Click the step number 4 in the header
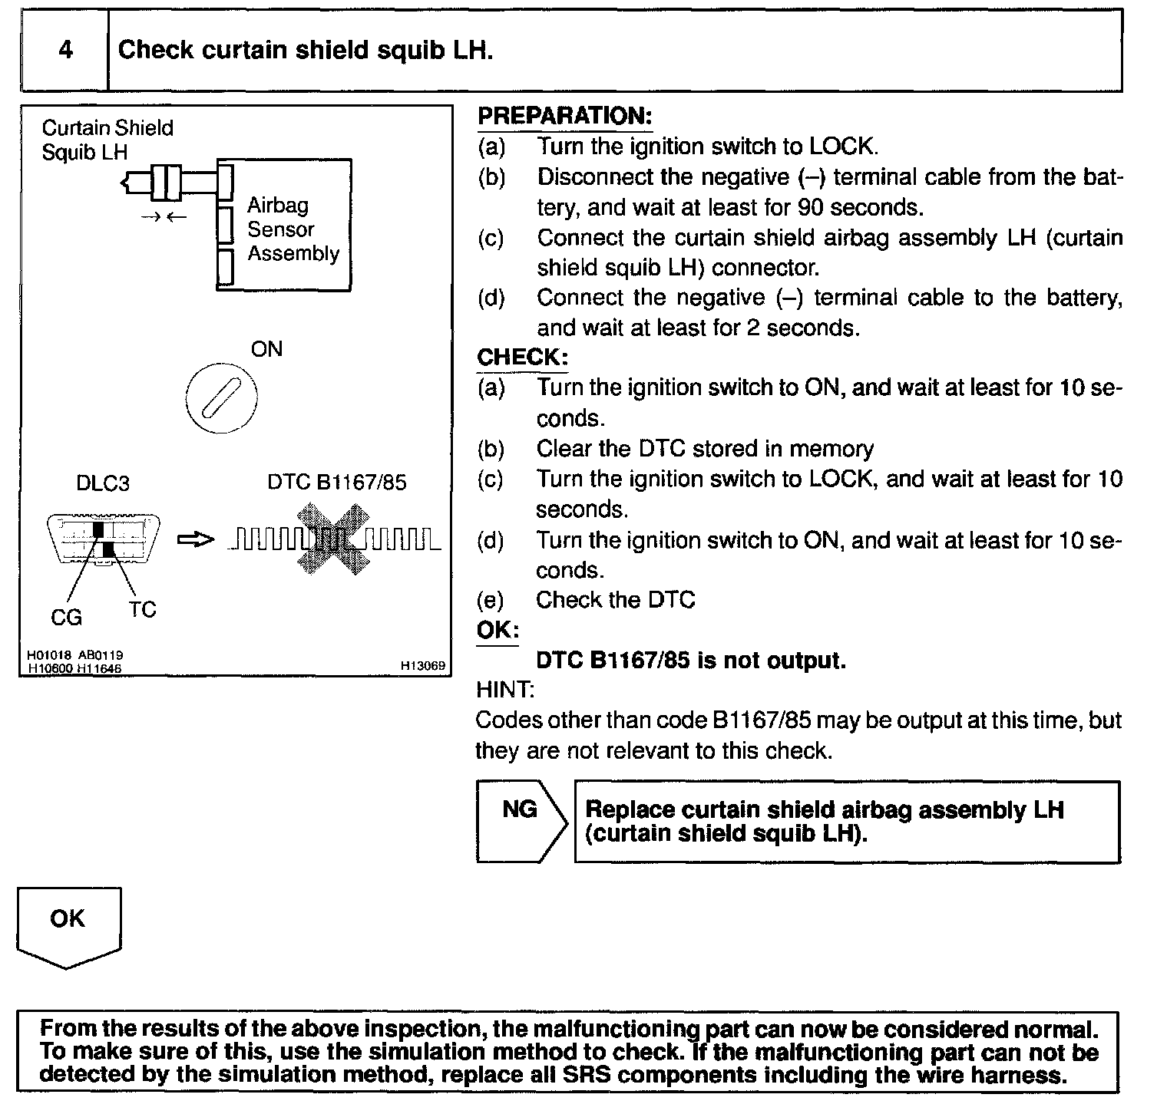66,50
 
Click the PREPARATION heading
564,117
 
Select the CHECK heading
522,358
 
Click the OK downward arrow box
68,925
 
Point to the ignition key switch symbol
221,399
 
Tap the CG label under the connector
66,617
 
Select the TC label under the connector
143,610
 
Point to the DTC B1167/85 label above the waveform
336,483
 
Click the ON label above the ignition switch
266,350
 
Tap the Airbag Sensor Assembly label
293,229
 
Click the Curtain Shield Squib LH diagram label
107,140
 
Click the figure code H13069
422,666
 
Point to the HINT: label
504,690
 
